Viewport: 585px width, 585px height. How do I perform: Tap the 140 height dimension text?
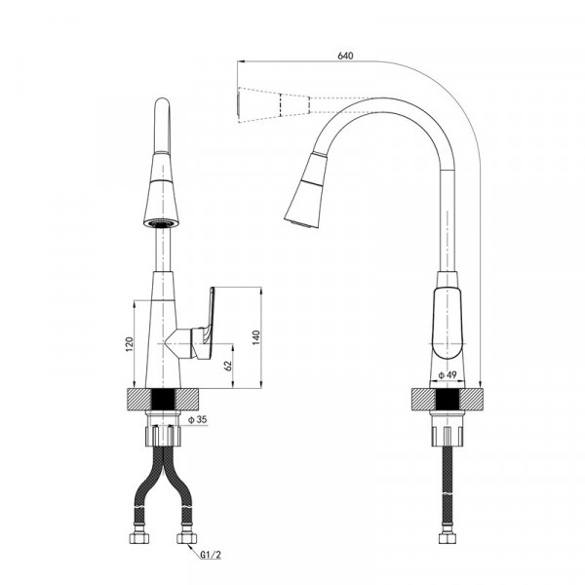pyautogui.click(x=256, y=336)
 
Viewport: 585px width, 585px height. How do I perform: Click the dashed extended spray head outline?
pyautogui.click(x=273, y=104)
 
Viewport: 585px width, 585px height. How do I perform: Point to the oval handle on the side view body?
pyautogui.click(x=447, y=322)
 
